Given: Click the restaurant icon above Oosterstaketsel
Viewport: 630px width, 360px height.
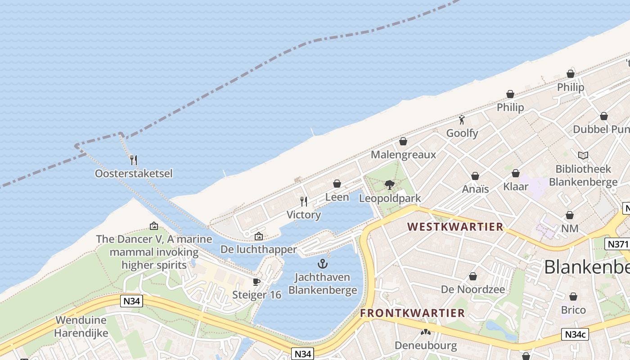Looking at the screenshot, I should (x=133, y=160).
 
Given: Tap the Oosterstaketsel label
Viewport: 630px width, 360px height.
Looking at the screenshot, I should (x=134, y=174).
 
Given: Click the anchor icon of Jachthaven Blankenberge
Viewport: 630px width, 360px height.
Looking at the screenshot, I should (x=322, y=264).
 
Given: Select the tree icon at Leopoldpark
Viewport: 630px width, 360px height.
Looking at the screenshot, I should (x=390, y=184).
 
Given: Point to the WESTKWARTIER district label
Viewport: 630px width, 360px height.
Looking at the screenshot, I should (x=455, y=227).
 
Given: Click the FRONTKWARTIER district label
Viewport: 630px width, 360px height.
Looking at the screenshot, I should (x=413, y=313).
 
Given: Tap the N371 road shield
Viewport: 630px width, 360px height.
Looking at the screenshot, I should (x=617, y=244).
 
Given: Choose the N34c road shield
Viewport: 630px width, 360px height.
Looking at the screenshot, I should (x=575, y=334).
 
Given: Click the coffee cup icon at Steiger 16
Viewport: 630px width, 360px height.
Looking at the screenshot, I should (x=256, y=282).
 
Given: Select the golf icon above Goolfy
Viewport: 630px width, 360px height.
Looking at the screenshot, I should (x=462, y=120).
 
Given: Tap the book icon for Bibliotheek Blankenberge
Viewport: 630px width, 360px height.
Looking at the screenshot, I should (x=583, y=156).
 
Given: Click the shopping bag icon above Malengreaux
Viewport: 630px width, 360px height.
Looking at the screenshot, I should (x=403, y=141).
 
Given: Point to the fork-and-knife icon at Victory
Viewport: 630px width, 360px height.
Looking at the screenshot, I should (x=304, y=201).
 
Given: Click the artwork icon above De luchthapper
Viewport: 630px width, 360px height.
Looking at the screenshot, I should (x=259, y=236).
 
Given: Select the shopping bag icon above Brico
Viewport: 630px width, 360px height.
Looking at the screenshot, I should (x=573, y=297).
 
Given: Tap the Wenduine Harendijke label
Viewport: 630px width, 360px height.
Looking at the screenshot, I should (x=81, y=327).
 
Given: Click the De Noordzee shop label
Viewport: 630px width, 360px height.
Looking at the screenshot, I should (x=473, y=289).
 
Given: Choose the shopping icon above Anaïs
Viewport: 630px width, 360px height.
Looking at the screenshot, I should (x=475, y=176).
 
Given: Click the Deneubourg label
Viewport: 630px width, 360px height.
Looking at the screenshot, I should (x=426, y=346).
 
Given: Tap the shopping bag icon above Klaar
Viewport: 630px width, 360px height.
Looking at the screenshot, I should (x=516, y=173).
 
